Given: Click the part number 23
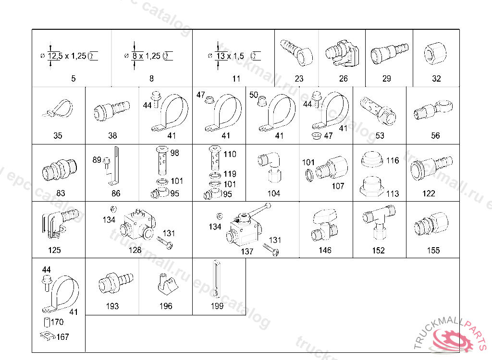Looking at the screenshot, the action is [299, 78].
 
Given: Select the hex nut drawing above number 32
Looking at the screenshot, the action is [435, 53].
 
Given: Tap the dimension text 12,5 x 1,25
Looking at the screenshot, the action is [67, 56].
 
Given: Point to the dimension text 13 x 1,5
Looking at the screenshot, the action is [230, 56].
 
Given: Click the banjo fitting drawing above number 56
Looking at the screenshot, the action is [433, 110].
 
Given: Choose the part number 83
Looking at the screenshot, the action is [61, 193].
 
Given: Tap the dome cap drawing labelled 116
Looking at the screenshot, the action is [372, 159].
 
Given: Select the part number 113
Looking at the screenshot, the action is [393, 193].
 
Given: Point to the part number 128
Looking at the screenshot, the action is [135, 250].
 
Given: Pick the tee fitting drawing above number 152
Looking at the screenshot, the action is [379, 221].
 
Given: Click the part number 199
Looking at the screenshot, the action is [217, 306].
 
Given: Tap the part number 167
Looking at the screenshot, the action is [63, 337].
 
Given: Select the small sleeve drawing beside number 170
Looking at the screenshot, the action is [47, 322].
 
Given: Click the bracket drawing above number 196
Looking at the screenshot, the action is [167, 284].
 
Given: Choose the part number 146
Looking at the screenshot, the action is [325, 250].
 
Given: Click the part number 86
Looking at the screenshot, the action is [116, 193].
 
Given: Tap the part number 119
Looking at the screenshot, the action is [230, 174].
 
